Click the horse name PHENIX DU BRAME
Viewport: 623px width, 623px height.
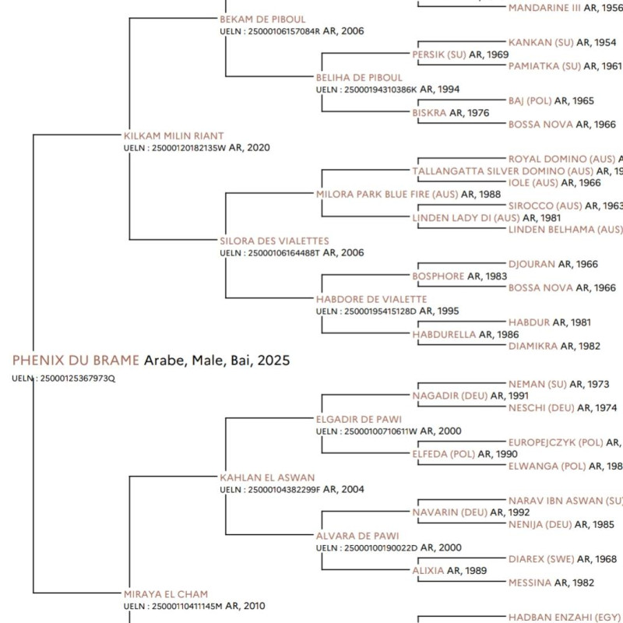click(76, 361)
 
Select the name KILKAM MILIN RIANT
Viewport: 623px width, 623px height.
click(174, 136)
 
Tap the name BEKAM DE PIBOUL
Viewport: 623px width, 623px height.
click(262, 19)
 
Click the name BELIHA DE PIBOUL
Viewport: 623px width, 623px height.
click(359, 78)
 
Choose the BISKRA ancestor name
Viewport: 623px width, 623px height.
click(429, 113)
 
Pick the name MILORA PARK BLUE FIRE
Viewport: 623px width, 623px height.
click(387, 194)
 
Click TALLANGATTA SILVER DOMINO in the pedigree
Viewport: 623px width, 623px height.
click(503, 171)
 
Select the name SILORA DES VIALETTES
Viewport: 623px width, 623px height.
click(274, 241)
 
